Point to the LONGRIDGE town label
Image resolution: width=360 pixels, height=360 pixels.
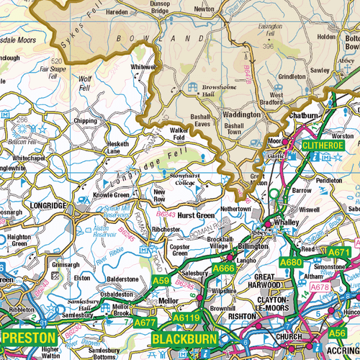click(x=50, y=206)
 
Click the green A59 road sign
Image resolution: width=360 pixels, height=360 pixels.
click(x=161, y=281)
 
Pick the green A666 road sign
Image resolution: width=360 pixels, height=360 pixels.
click(x=224, y=269)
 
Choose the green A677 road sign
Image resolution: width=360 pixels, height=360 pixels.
click(x=145, y=323)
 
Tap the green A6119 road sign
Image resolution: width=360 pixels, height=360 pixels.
click(x=186, y=316)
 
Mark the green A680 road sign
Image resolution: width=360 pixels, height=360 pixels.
click(x=291, y=262)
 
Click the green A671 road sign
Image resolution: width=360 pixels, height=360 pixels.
click(x=340, y=252)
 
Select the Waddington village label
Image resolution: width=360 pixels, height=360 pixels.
click(x=242, y=114)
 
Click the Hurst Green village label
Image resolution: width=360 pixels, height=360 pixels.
click(x=196, y=215)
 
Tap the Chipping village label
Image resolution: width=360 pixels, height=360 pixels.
click(x=85, y=122)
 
